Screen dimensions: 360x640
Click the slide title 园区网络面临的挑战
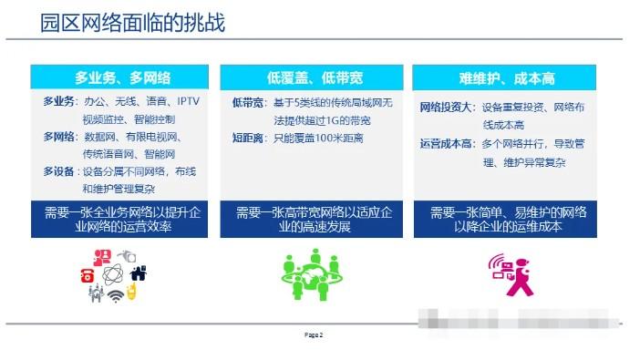(133, 22)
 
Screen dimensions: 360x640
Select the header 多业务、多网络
(122, 77)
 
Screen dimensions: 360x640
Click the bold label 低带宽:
(249, 102)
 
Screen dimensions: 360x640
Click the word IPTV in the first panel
(188, 102)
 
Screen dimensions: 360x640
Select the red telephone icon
(89, 273)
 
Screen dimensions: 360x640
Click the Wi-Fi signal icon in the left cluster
(116, 297)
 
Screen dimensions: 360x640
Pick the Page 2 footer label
(314, 335)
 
